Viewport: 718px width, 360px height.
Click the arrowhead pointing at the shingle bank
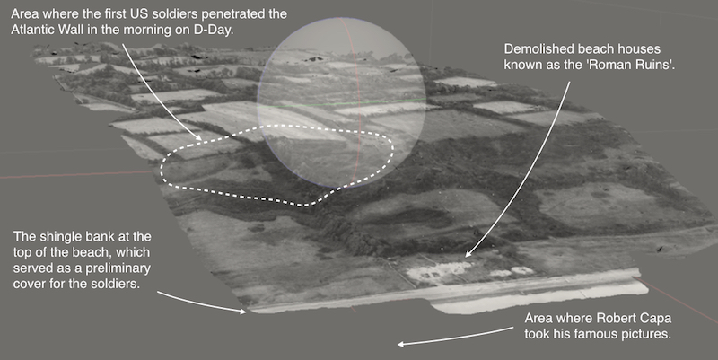(x=241, y=311)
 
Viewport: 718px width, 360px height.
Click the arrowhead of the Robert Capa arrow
(x=401, y=344)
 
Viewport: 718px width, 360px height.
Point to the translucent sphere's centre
(x=341, y=102)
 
